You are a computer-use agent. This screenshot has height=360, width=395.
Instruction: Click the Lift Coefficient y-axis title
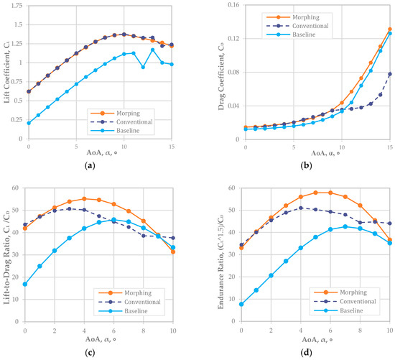click(6, 79)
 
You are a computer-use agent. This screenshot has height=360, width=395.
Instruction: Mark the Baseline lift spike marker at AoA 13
click(152, 50)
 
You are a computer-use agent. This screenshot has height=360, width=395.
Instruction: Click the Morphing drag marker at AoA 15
click(389, 29)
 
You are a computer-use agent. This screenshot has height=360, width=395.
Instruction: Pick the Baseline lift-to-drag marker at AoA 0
click(26, 284)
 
